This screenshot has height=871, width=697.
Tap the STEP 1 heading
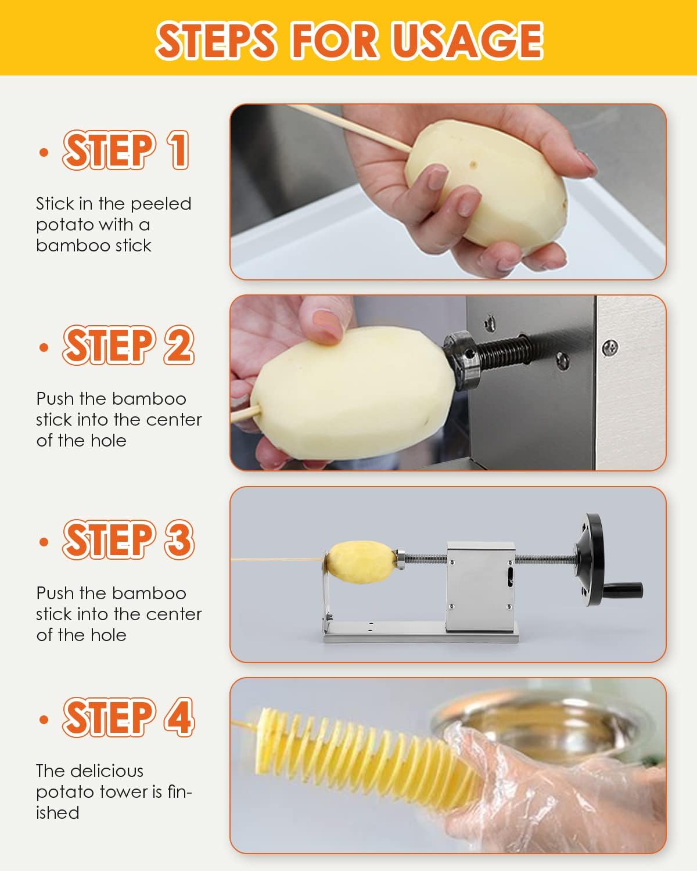(125, 150)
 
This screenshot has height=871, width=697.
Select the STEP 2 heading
(128, 345)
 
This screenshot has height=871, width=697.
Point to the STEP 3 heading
(128, 539)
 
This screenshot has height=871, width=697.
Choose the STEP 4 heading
(128, 717)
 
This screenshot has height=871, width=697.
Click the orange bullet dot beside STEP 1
(44, 152)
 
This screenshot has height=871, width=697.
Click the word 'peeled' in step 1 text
(161, 204)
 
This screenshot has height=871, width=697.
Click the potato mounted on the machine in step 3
(361, 562)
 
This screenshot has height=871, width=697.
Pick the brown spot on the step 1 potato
(473, 164)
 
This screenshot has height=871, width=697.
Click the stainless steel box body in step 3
(481, 586)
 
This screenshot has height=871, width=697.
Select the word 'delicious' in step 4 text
(107, 771)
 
